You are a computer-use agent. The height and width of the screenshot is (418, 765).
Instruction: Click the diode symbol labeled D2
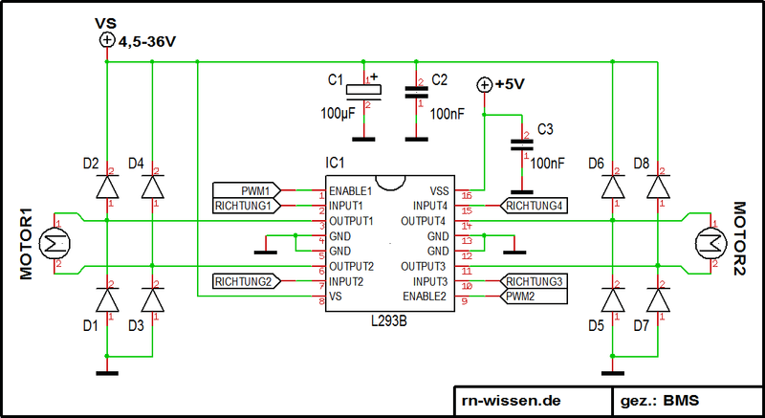click(106, 187)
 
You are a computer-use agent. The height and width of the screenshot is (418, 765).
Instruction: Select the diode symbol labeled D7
click(657, 299)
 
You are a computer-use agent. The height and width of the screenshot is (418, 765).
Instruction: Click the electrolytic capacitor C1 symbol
click(365, 92)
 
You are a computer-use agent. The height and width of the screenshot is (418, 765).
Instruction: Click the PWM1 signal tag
click(247, 189)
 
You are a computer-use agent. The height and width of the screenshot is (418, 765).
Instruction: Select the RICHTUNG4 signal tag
click(532, 205)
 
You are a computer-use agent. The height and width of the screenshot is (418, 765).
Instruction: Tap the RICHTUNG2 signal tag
click(247, 281)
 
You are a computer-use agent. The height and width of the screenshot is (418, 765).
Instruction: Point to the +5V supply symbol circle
click(485, 84)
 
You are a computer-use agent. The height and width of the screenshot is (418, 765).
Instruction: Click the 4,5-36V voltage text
click(148, 41)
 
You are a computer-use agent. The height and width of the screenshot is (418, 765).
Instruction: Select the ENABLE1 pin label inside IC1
click(351, 190)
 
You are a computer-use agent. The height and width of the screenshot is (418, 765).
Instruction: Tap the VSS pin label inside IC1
click(439, 190)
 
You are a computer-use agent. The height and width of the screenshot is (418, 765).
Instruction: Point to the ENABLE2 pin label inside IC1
click(426, 297)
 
